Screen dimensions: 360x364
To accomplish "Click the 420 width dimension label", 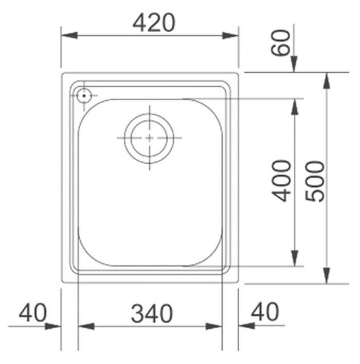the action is [154, 22].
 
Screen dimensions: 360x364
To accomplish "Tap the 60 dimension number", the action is [281, 42].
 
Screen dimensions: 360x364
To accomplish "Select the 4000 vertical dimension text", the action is [281, 181].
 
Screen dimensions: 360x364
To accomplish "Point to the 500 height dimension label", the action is [314, 181].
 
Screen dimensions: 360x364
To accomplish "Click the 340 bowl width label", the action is [152, 314].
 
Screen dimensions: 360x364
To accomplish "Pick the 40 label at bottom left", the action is [33, 312].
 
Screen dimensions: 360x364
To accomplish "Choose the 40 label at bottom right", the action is [265, 312].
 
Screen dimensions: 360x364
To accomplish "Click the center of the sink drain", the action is [149, 138].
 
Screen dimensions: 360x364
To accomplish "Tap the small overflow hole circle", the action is [84, 95].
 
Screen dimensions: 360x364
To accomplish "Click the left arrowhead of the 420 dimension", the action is [69, 36].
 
